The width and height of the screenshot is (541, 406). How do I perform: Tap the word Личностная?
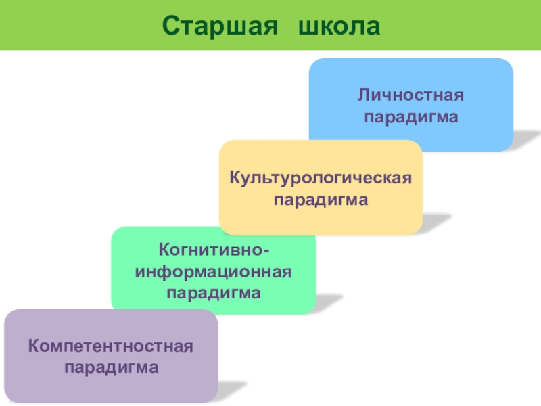point(411,95)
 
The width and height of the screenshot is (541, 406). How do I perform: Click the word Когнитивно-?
point(214,252)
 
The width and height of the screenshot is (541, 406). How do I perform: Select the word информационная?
point(214,273)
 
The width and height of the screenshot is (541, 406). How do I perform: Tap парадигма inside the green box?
point(214,293)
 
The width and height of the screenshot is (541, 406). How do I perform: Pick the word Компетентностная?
point(111,346)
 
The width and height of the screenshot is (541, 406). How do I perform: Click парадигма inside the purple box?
point(111,367)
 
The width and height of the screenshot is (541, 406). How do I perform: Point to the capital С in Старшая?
point(170,25)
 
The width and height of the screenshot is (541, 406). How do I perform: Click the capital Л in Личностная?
point(362,95)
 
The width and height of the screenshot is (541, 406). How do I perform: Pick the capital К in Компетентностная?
point(33,346)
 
